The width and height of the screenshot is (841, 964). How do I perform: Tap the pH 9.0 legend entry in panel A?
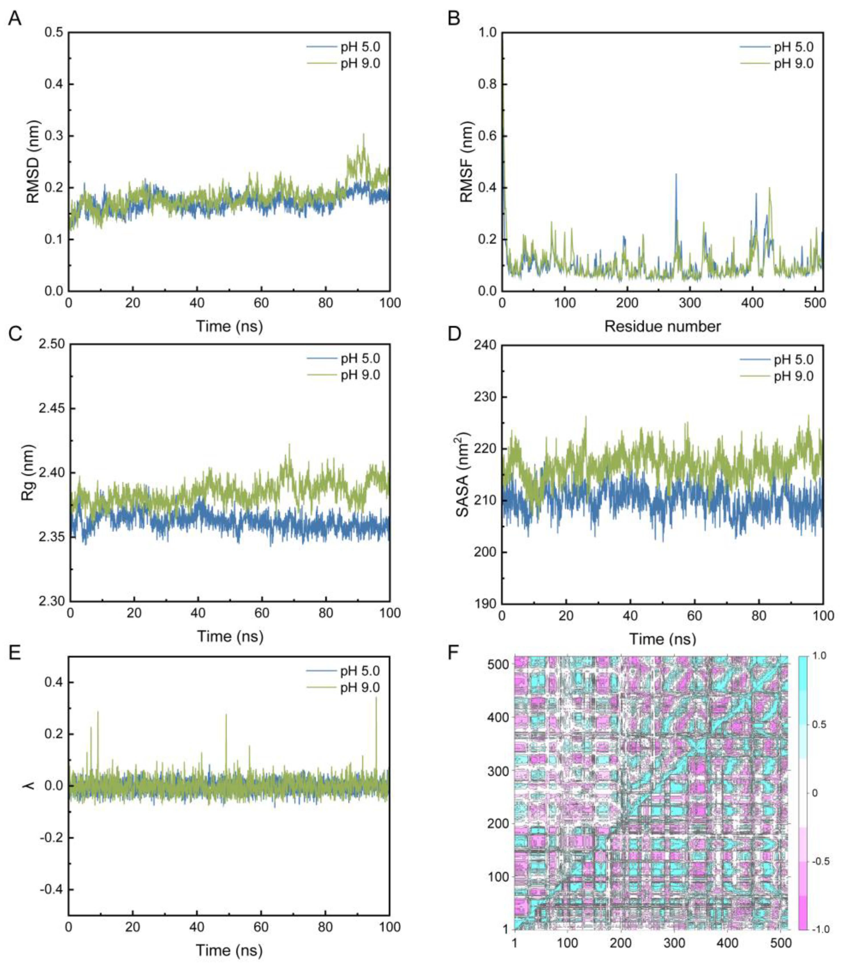360,63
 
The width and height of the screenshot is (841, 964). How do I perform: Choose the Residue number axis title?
662,326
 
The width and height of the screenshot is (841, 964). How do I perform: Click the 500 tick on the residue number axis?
814,303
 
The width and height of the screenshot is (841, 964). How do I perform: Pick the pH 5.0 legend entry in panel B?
793,47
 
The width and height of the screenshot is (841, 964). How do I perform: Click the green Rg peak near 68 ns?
289,445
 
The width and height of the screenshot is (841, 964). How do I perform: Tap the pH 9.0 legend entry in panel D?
793,376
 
